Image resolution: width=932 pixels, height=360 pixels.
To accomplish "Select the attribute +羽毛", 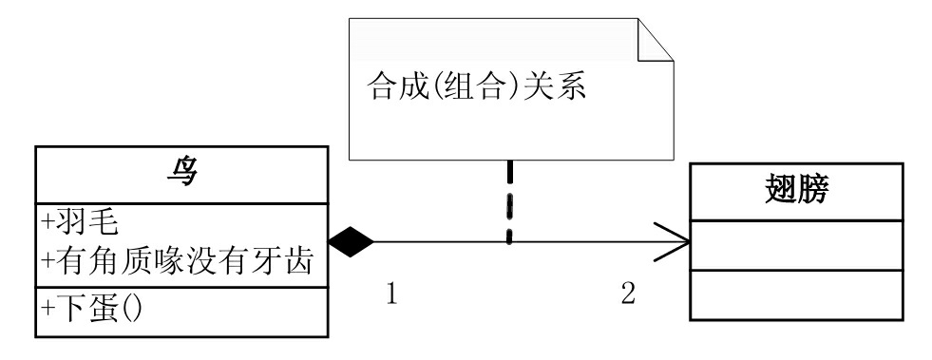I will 80,221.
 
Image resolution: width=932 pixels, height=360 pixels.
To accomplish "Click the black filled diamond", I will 352,241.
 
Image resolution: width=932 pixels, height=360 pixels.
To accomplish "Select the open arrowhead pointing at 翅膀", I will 674,241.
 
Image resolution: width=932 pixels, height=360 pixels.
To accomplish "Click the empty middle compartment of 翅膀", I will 796,244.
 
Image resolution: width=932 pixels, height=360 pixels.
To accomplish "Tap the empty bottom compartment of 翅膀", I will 796,294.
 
